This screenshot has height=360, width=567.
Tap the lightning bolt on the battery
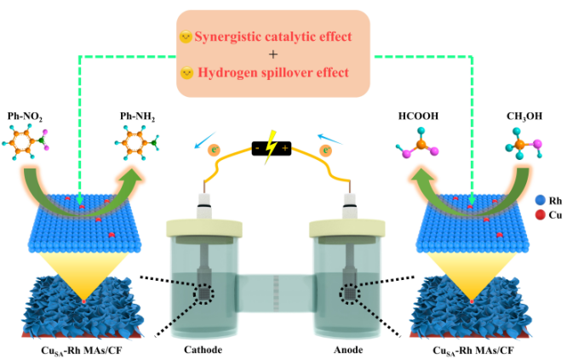pyautogui.click(x=272, y=148)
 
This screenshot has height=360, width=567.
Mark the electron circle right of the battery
pyautogui.click(x=325, y=151)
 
